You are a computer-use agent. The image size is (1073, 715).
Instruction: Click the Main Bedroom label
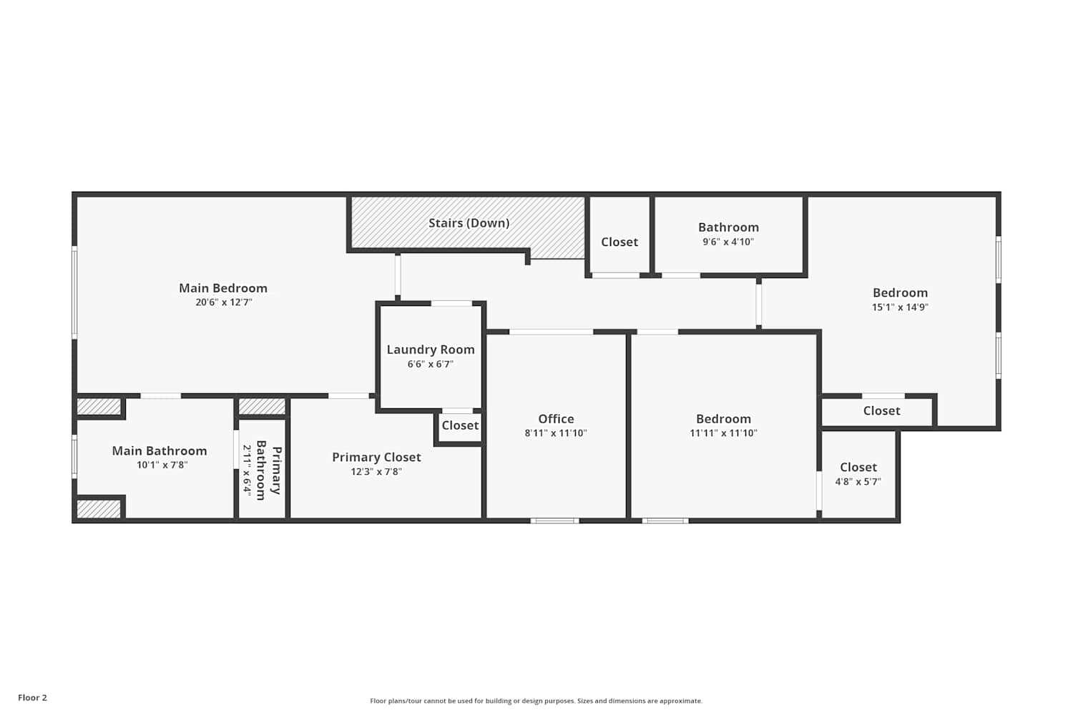coord(223,288)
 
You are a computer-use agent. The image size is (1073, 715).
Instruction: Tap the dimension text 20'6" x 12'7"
coord(223,302)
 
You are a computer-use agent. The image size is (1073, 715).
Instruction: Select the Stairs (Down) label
coord(469,223)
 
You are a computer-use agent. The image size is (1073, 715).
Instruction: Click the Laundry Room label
coord(431,350)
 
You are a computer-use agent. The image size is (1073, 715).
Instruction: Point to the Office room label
coord(556,419)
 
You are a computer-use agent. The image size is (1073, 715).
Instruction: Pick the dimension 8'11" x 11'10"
coord(556,433)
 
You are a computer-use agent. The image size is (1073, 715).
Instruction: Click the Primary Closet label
coord(376,457)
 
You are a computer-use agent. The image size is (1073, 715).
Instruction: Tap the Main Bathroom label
coord(160,450)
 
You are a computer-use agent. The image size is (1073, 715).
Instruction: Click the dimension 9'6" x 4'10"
coord(728,242)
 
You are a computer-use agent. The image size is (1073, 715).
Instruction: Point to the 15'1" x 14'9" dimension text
coord(900,307)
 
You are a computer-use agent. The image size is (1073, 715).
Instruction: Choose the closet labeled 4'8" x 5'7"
coord(858,474)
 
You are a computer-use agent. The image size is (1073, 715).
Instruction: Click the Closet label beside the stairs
coord(619,242)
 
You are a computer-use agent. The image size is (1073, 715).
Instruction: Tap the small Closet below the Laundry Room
coord(460,425)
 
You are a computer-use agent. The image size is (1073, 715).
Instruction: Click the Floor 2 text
coord(32,698)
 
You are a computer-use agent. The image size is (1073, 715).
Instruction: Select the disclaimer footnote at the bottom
coord(536,701)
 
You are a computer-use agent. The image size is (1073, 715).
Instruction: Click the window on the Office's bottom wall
coord(554,521)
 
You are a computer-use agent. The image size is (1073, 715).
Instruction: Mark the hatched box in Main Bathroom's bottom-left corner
coord(99,509)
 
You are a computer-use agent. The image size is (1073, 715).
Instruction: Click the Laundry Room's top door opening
coord(451,303)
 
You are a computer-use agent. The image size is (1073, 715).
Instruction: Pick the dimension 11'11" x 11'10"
coord(723,433)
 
